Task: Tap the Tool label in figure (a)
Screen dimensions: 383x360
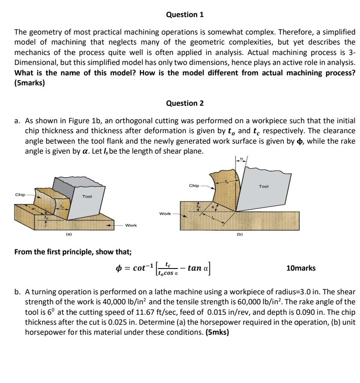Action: [87, 196]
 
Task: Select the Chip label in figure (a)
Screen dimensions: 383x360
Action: [20, 194]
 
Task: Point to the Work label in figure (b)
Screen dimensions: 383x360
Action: [165, 214]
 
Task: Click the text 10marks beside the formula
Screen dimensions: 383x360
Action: [301, 268]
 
